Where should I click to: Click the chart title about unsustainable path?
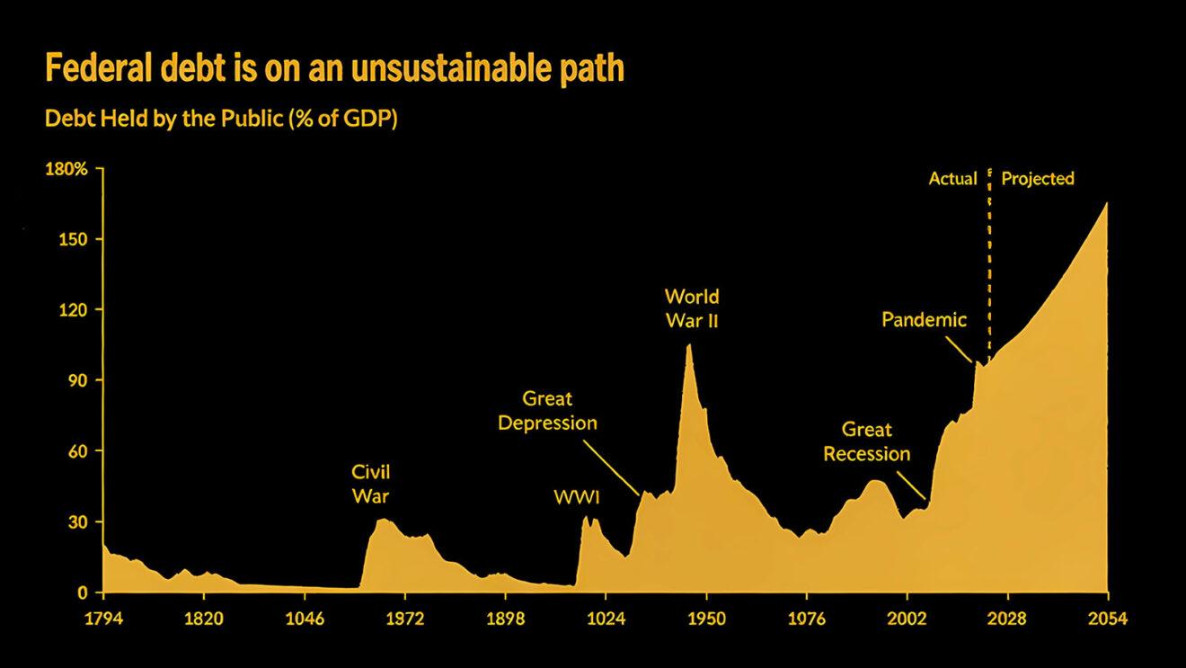(x=334, y=68)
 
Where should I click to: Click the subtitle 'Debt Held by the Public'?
(x=221, y=119)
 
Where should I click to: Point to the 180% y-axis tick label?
(x=67, y=169)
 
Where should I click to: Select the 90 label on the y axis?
(x=78, y=380)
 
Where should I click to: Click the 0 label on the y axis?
(x=83, y=592)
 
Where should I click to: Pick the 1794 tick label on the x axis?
(x=103, y=619)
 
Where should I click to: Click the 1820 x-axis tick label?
(x=203, y=619)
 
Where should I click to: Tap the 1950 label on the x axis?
(x=706, y=619)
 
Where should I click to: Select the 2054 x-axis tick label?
(x=1108, y=619)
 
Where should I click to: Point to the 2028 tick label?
(x=1007, y=619)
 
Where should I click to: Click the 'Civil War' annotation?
(x=370, y=484)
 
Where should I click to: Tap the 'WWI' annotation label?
(x=577, y=497)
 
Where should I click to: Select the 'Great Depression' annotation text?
(x=547, y=410)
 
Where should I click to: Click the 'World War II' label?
(x=692, y=308)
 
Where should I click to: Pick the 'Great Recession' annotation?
(x=867, y=441)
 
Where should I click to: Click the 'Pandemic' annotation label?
(x=924, y=319)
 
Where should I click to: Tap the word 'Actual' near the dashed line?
(x=952, y=179)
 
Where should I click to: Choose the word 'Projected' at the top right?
(x=1038, y=179)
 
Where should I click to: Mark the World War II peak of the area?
(x=689, y=345)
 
